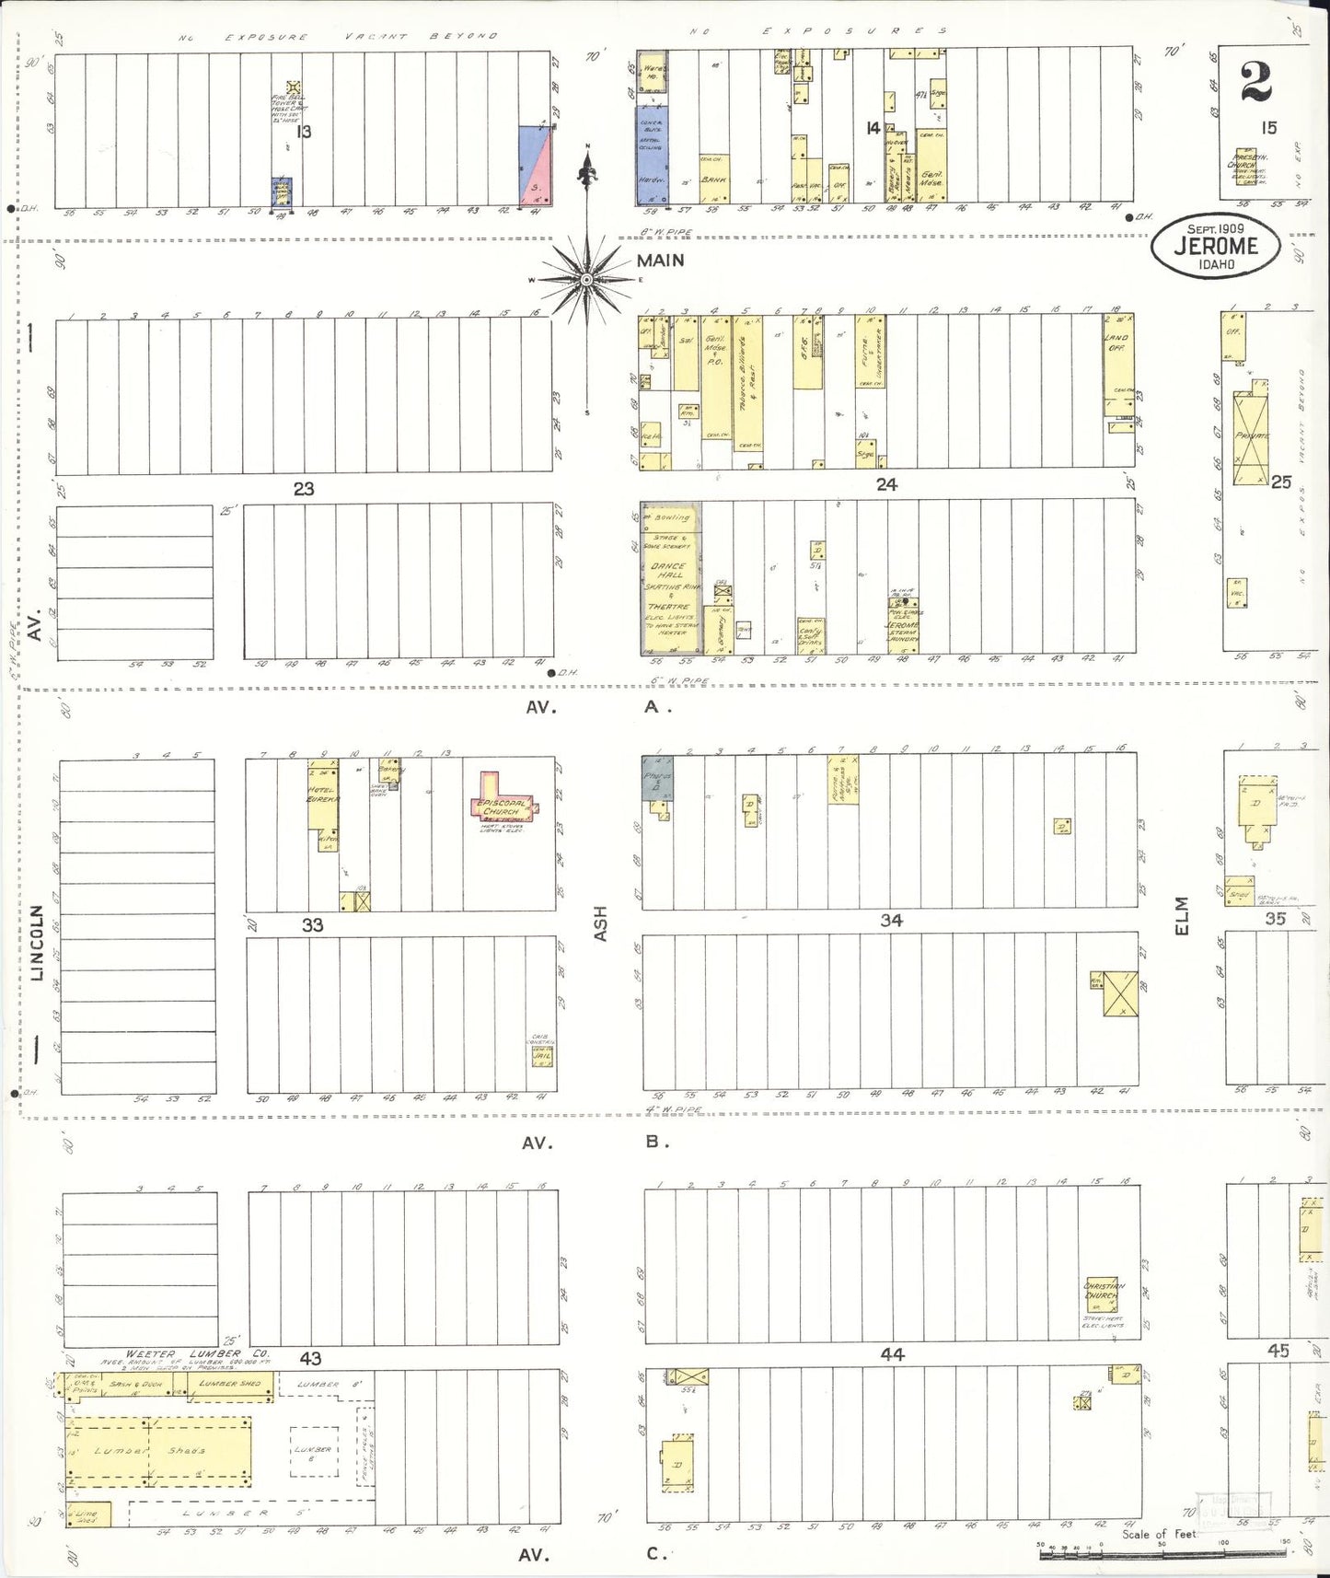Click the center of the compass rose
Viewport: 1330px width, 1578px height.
point(586,279)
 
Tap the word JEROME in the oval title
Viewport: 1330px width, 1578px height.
point(1215,246)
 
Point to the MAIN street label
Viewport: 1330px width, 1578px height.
point(660,261)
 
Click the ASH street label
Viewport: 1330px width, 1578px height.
point(601,923)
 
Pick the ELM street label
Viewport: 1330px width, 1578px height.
point(1182,916)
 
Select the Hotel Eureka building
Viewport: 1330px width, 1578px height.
point(324,796)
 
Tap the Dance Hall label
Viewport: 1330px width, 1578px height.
point(668,570)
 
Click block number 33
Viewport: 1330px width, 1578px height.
point(313,924)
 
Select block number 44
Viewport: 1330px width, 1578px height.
point(892,1354)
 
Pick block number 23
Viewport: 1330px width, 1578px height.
point(304,489)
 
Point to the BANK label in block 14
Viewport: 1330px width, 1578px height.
point(713,180)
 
